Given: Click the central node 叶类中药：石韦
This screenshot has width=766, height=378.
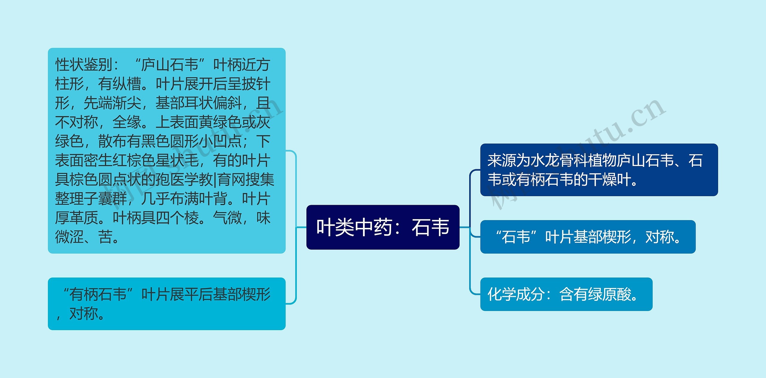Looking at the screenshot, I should [383, 227].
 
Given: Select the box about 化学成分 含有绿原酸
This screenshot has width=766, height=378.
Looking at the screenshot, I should [566, 294].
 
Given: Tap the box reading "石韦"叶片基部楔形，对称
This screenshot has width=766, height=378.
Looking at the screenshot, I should [588, 237].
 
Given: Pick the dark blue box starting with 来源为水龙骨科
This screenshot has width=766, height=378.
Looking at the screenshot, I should [599, 170].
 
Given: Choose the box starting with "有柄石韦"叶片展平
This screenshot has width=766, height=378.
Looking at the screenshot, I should [167, 304].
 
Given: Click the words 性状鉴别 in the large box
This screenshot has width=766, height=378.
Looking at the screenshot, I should [84, 65].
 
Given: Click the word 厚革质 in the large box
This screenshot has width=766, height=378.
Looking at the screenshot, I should [77, 218].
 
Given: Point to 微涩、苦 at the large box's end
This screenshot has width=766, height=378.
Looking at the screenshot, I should [84, 237].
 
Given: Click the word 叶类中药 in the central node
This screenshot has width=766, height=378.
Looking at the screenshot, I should [354, 227].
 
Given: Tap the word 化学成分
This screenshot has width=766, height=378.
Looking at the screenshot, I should [516, 294].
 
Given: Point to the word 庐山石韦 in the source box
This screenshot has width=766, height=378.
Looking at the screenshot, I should [645, 161].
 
